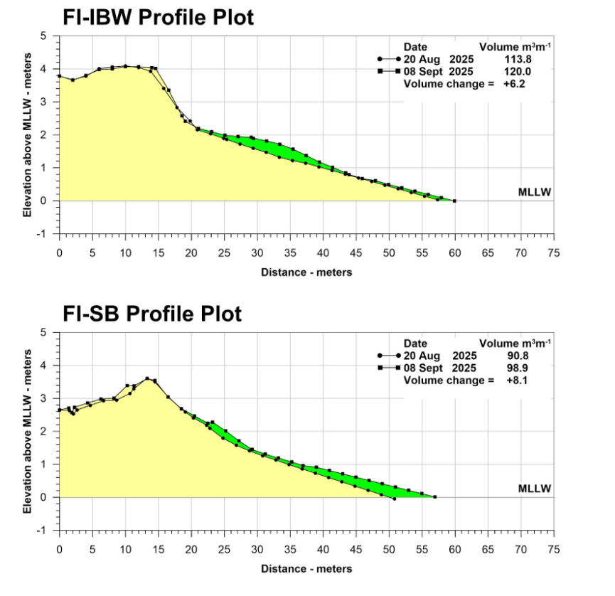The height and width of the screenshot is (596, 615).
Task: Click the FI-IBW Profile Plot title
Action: [x=158, y=16]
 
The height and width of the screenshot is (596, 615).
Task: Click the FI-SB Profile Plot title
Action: [x=151, y=313]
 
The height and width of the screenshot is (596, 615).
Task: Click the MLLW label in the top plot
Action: [x=535, y=192]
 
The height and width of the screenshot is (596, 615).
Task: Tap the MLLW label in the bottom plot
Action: [x=535, y=489]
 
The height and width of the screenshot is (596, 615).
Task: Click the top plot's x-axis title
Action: [x=306, y=272]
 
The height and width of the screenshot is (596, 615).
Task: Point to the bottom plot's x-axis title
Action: [x=306, y=568]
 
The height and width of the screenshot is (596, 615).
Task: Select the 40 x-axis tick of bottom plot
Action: [x=323, y=549]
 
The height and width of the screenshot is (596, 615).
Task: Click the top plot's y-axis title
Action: [x=27, y=134]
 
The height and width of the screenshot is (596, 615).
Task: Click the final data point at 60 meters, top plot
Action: [x=454, y=201]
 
